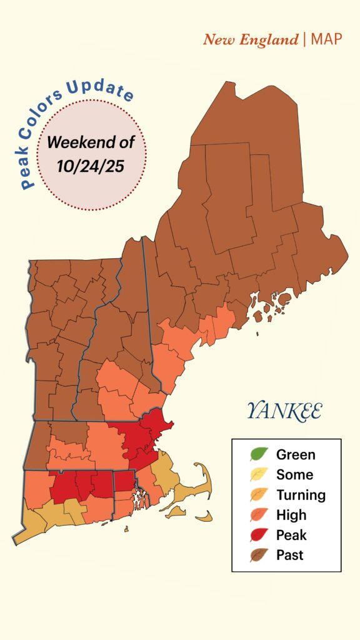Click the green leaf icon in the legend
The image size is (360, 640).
259,454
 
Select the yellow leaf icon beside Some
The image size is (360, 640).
259,474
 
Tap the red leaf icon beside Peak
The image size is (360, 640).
259,534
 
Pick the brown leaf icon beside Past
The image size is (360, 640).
259,554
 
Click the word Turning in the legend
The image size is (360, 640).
301,495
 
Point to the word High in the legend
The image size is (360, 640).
291,515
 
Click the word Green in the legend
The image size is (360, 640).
296,455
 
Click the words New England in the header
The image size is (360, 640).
251,40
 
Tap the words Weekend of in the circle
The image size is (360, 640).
91,142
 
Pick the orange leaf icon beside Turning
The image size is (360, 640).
259,494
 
